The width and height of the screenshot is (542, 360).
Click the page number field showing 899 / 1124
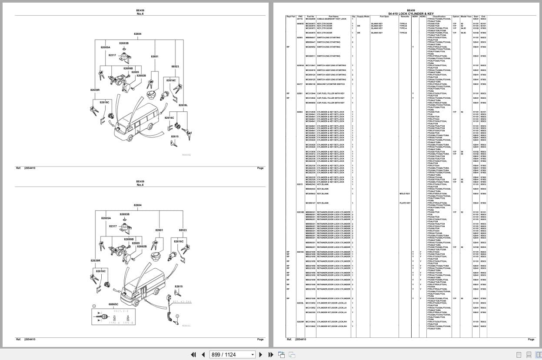coord(229,354)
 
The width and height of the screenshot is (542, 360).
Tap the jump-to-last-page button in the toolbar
coord(271,354)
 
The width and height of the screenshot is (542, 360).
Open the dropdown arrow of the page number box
coord(252,354)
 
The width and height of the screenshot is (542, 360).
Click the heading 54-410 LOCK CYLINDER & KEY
coord(411,13)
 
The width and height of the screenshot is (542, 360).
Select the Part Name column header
coord(333,17)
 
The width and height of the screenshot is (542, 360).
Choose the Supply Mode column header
coord(363,17)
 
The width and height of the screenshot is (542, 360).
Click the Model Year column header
coord(466,17)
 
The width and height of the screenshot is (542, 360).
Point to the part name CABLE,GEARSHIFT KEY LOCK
coord(332,19)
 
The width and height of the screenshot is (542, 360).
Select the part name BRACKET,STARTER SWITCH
coord(331,84)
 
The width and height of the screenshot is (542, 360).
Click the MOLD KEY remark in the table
coord(405,193)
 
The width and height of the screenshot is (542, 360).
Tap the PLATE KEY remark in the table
coord(405,203)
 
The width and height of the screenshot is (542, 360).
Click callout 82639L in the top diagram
coord(183,105)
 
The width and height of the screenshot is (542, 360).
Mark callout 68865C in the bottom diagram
coord(113,304)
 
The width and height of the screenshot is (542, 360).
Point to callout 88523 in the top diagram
coord(175,67)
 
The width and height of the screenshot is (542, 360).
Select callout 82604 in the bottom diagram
coord(137,205)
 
